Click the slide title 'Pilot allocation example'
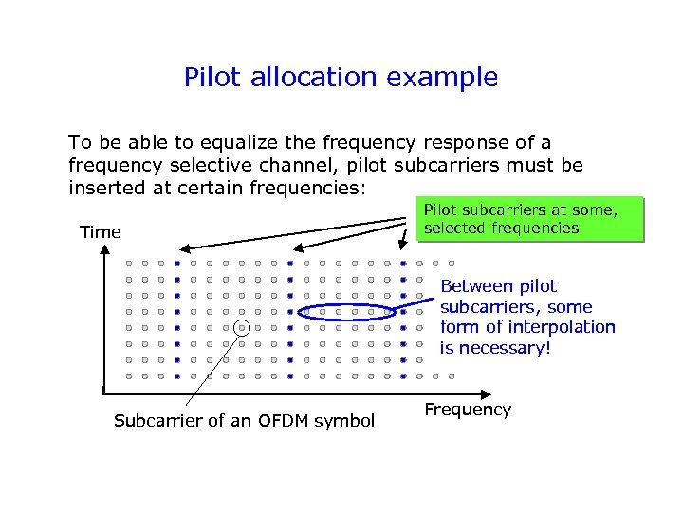[341, 77]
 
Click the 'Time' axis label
[101, 232]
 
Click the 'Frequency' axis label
[468, 410]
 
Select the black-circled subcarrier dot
[242, 327]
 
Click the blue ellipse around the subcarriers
[347, 312]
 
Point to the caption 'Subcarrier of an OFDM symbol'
[244, 420]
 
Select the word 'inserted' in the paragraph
[104, 187]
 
